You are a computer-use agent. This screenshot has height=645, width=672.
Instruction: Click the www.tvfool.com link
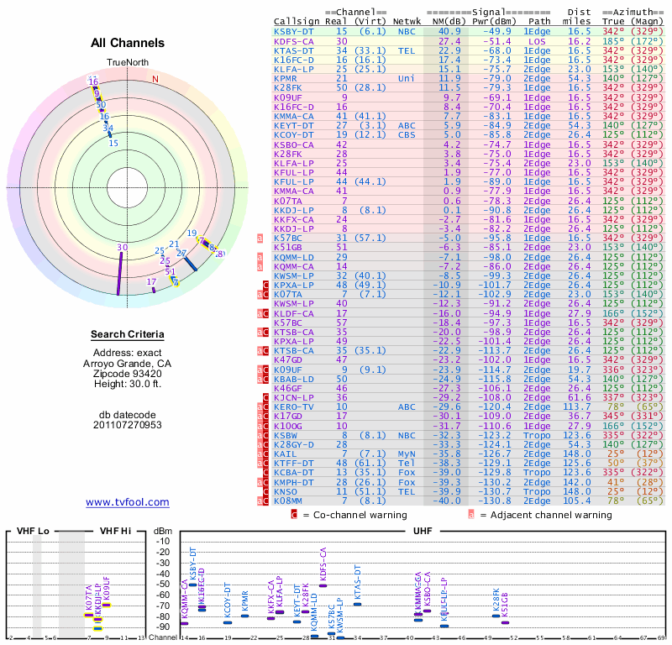(x=128, y=502)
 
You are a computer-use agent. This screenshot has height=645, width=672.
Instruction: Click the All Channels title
(x=128, y=43)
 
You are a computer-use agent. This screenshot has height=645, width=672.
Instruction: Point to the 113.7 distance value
(x=577, y=406)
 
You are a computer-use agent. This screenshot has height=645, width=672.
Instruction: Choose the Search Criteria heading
(x=128, y=335)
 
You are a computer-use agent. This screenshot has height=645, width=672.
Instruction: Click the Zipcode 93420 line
(x=128, y=373)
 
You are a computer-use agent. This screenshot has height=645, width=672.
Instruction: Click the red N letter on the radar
(x=155, y=79)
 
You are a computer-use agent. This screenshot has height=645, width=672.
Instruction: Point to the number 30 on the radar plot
(x=123, y=247)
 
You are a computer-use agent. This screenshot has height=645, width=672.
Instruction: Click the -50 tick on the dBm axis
(x=163, y=585)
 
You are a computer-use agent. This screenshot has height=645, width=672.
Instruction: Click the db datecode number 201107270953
(x=128, y=425)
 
